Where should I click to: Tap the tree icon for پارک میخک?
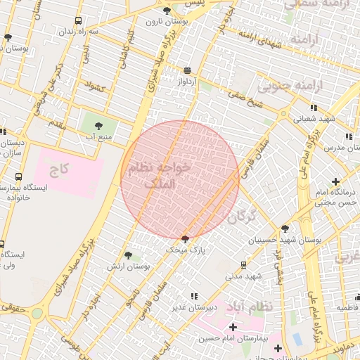click(185, 239)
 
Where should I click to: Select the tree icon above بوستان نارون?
click(167, 11)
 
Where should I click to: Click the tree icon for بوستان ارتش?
click(127, 256)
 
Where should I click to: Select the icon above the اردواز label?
click(187, 70)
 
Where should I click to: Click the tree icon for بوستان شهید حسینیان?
click(285, 229)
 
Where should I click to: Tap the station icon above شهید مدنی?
click(243, 265)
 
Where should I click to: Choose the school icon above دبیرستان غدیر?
click(194, 297)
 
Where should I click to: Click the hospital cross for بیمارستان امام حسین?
click(233, 328)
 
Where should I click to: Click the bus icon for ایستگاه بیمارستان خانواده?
click(18, 176)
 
